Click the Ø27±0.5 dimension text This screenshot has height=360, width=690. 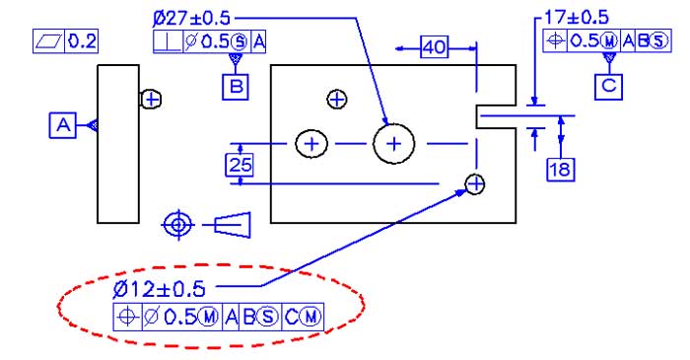click(194, 18)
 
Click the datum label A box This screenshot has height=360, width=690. click(63, 124)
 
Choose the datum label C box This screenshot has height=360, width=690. click(608, 86)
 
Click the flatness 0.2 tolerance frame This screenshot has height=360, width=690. click(66, 40)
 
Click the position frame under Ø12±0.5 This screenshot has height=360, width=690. click(219, 316)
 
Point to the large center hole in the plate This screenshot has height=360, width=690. click(394, 144)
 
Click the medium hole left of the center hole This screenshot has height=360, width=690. click(312, 144)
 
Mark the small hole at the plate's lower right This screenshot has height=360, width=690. click(475, 184)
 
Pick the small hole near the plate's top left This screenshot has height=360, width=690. click(337, 100)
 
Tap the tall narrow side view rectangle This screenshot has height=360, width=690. click(118, 144)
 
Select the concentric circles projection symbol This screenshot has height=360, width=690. click(177, 225)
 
